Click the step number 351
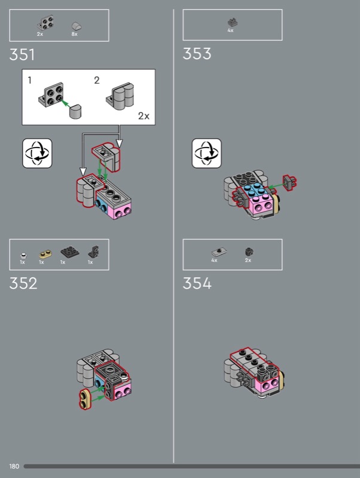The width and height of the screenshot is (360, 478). coord(22,55)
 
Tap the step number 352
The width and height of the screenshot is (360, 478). coord(23,283)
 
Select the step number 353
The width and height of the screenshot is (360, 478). coord(197,54)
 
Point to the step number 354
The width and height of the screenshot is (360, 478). coord(197,283)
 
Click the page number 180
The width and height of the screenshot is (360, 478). coord(14,467)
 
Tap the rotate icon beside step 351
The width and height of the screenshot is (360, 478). coord(37,154)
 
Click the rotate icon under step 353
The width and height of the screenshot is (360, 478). coord(206,154)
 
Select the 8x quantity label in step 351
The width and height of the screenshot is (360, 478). coord(74,34)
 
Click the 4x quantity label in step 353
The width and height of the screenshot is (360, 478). coord(230,30)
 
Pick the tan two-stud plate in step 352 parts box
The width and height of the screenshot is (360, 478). coord(45,254)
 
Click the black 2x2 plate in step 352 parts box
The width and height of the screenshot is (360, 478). coord(69,252)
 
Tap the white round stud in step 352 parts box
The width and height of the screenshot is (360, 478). coord(23,256)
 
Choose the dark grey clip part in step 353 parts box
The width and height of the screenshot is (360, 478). coord(233,22)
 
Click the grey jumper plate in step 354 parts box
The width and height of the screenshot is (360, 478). coord(219,252)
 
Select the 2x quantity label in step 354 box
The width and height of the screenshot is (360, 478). coord(248,261)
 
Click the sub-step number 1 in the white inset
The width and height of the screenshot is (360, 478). coord(29,80)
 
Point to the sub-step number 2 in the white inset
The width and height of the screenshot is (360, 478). coord(97,80)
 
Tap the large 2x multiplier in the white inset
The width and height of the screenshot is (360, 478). coord(144,116)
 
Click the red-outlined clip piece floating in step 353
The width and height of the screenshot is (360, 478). coord(289,183)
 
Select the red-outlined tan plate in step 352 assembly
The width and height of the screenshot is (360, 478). coord(84,399)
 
